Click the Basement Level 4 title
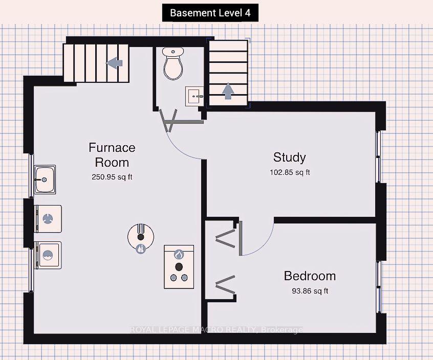click(x=210, y=13)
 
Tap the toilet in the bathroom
click(x=173, y=63)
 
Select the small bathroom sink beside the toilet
click(x=194, y=96)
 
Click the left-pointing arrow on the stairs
click(x=114, y=63)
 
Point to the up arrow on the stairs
click(x=228, y=91)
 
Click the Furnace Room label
click(x=112, y=155)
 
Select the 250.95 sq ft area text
click(x=112, y=177)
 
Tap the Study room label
click(x=290, y=157)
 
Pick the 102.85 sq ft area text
click(x=290, y=172)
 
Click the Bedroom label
click(x=310, y=276)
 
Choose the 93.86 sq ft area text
click(x=310, y=291)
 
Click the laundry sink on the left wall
click(x=45, y=179)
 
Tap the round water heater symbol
click(x=141, y=238)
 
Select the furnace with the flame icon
click(x=179, y=267)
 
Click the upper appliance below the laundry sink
click(x=48, y=219)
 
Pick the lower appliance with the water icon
click(x=48, y=255)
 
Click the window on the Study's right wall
click(x=378, y=156)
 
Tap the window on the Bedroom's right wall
click(x=379, y=287)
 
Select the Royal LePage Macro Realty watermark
click(x=216, y=330)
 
